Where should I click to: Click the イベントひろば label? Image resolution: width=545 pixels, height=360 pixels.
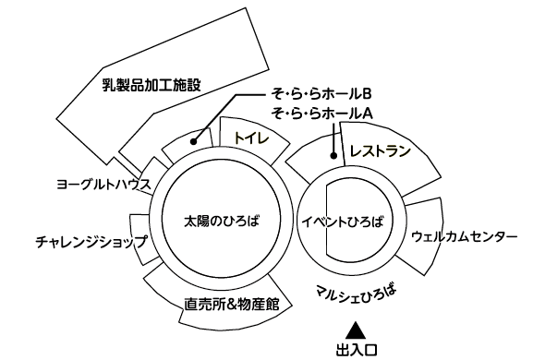coord(342,222)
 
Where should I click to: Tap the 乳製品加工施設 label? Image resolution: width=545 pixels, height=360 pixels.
coord(151,86)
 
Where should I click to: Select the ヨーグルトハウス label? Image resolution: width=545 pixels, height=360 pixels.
coord(102,185)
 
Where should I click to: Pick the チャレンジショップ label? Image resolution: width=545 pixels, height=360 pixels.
coord(91,242)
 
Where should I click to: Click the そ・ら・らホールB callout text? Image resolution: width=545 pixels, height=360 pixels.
coord(319,94)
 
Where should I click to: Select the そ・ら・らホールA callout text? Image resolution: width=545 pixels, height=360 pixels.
coord(319,113)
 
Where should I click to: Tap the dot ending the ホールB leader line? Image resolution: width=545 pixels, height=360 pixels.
coord(194,141)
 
